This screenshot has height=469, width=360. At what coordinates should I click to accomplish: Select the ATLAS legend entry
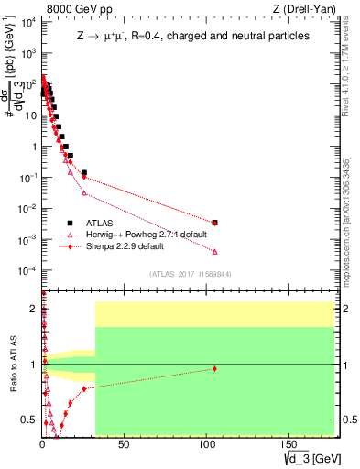tap(96, 223)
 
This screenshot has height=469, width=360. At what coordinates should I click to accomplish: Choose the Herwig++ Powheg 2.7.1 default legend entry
tap(138, 234)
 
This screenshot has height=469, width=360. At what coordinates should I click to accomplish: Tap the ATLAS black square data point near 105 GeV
tap(214, 223)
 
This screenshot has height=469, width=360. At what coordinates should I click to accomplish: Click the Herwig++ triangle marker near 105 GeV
tap(214, 251)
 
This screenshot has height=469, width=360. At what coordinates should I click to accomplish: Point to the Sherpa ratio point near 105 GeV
tap(214, 368)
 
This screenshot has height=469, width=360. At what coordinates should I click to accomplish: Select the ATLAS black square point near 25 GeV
tap(83, 173)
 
